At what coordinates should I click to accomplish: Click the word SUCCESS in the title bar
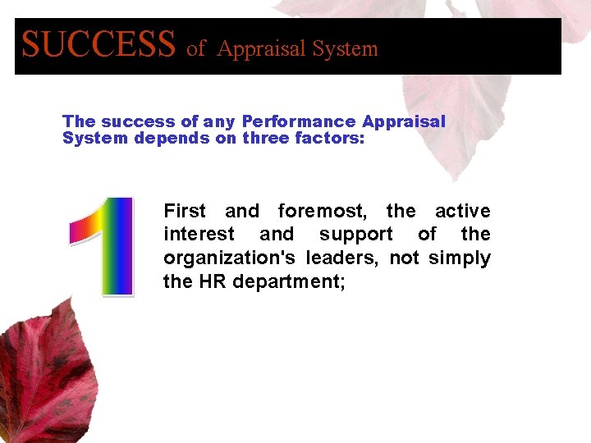(98, 44)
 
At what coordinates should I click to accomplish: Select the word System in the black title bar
(346, 49)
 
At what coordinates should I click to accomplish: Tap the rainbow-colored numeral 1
(105, 246)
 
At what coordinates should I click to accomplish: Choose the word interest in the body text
(199, 235)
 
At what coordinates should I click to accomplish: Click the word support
(356, 235)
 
